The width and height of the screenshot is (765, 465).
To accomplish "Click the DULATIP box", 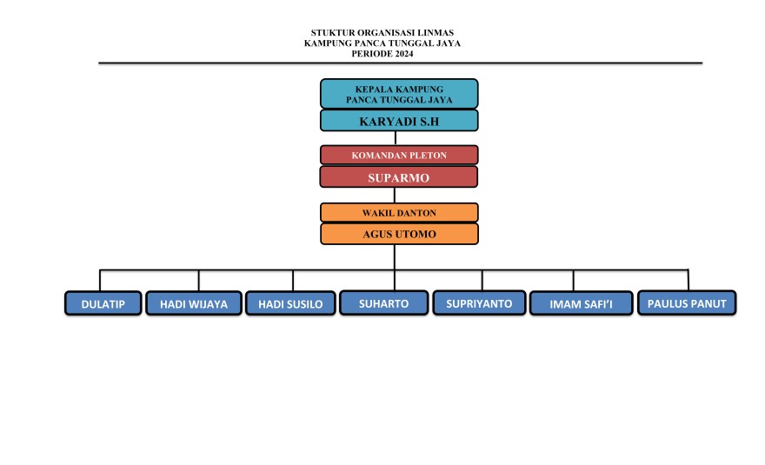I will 103,303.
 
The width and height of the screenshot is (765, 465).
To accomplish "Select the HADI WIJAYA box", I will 193,303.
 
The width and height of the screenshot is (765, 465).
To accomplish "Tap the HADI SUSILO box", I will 290,303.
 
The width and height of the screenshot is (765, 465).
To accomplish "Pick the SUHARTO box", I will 383,302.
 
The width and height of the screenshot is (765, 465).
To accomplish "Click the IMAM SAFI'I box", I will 581,303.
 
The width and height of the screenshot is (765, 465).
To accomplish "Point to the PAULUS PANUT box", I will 687,302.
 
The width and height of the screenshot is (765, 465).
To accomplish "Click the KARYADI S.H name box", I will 399,121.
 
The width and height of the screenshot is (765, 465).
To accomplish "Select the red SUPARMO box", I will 399,177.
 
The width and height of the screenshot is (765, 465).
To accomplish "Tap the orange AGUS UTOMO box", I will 399,234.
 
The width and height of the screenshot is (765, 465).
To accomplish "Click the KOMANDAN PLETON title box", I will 399,156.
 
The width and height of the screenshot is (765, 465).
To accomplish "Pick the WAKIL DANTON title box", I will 399,212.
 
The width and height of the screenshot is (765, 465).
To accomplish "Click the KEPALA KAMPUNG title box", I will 399,94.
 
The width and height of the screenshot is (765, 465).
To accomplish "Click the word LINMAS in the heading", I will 435,33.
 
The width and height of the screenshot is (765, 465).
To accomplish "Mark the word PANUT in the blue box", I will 710,302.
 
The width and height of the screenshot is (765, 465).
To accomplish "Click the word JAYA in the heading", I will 445,43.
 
